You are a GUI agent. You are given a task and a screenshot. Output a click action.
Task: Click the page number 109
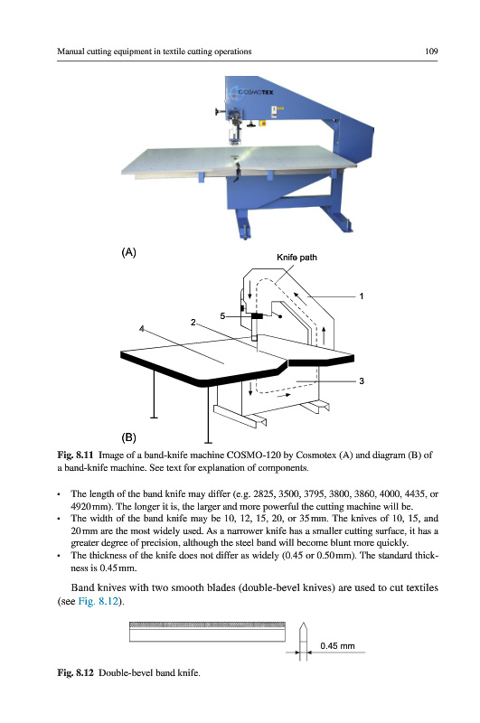(431, 52)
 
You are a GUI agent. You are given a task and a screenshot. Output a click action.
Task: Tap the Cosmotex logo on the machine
(253, 92)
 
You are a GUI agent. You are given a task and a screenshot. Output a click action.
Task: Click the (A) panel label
(128, 252)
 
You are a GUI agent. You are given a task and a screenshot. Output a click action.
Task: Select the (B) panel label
(128, 437)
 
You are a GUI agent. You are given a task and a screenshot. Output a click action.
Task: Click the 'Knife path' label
(296, 258)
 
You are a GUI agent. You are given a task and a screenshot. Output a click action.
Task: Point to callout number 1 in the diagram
(362, 296)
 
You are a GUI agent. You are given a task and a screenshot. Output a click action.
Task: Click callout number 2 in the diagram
(193, 323)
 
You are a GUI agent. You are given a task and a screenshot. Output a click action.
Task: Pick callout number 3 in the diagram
(362, 380)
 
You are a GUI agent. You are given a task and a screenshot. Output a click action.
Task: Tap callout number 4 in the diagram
(142, 329)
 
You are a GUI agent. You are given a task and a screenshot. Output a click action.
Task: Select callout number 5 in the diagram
(222, 315)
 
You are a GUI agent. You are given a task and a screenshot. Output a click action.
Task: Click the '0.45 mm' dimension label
(337, 646)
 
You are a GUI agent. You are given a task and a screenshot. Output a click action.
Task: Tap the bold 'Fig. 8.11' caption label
(75, 455)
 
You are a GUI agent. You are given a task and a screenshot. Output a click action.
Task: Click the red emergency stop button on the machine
(263, 123)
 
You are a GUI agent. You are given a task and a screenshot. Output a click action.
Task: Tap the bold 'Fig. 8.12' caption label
(75, 672)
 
